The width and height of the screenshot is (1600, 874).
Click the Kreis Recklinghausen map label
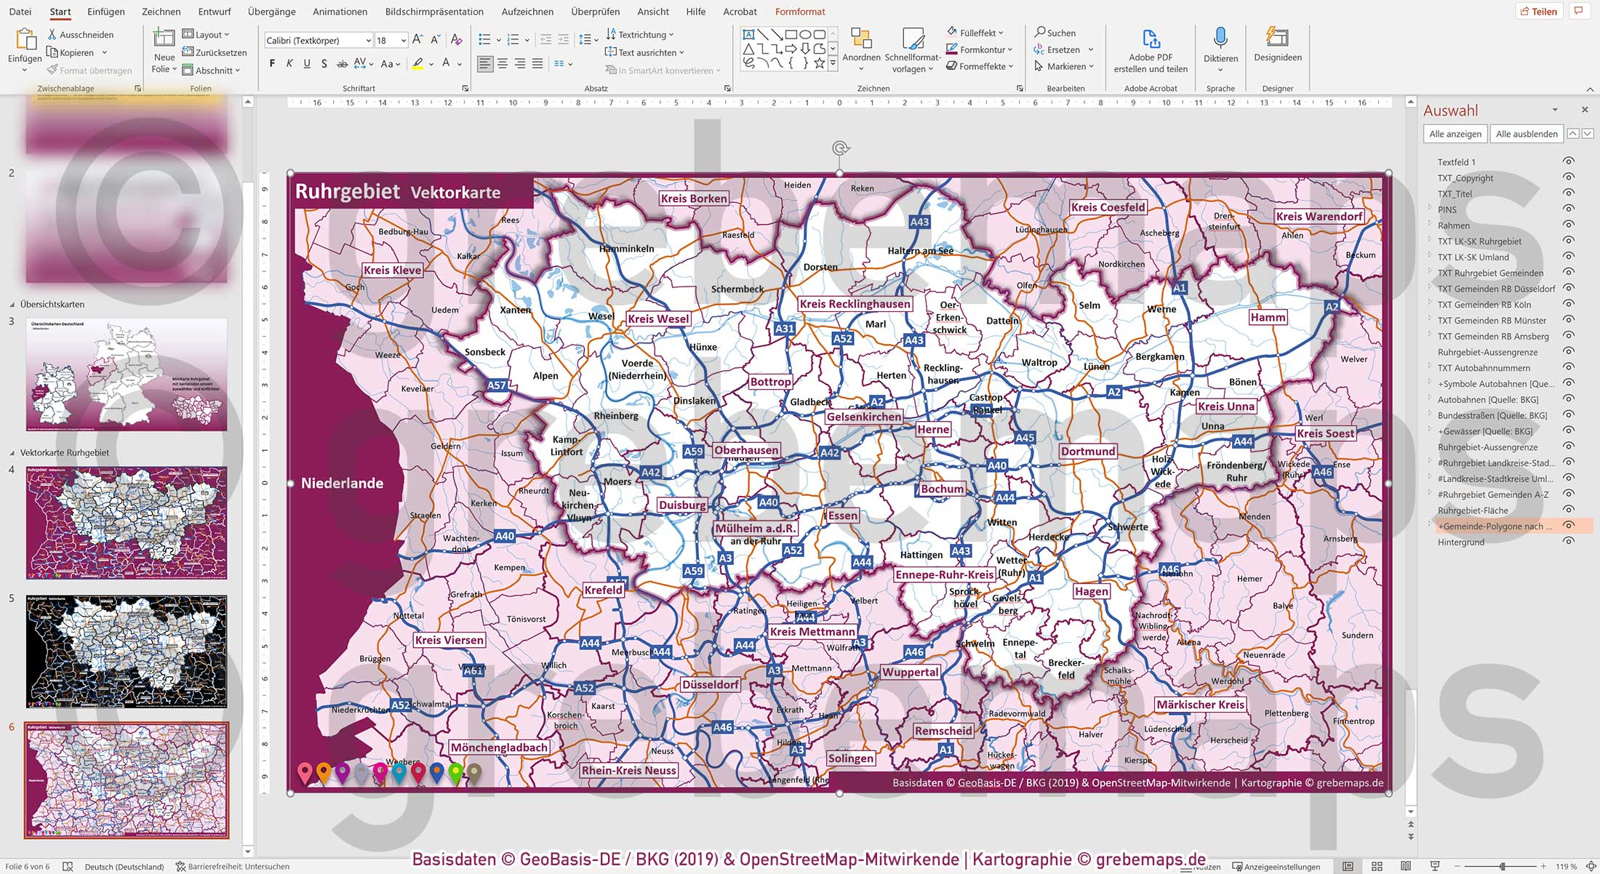coord(855,304)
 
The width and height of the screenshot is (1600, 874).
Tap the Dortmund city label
coord(1087,451)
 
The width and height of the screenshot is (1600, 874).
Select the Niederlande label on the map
coord(342,483)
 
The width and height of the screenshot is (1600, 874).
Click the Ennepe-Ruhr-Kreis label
coord(944,574)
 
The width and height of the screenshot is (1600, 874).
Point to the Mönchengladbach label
coord(499,747)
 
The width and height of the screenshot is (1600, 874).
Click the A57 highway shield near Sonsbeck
coord(497,385)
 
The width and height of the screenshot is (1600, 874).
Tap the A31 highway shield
coord(784,329)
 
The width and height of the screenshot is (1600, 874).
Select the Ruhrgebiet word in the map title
coord(348,191)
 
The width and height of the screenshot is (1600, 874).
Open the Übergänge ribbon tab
coord(271,12)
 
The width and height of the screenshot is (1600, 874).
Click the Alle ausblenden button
coord(1526,134)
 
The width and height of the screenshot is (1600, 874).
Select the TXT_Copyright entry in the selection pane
coord(1465,178)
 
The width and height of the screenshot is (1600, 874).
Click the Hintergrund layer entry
coord(1460,542)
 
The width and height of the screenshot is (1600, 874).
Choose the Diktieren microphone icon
coord(1220,40)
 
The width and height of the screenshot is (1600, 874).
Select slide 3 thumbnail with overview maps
coord(127,374)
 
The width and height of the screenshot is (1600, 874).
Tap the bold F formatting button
coord(272,64)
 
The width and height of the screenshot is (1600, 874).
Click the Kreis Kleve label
coord(392,270)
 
